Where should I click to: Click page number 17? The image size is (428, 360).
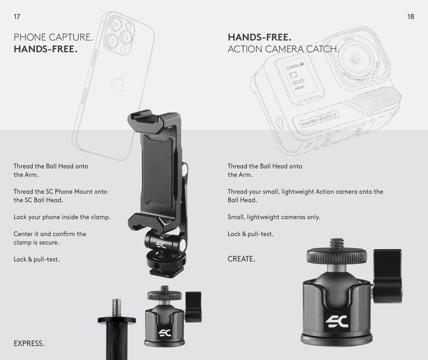(17, 17)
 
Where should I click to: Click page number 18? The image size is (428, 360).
(410, 17)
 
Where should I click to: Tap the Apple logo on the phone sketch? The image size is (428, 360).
(118, 84)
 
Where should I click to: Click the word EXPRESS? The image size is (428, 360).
(29, 343)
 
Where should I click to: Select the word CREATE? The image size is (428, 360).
(241, 259)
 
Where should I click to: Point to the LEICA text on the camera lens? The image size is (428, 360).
(349, 40)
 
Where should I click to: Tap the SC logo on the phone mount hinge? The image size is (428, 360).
(161, 245)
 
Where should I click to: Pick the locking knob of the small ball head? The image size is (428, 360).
(194, 307)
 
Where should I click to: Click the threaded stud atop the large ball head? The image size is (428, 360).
(336, 244)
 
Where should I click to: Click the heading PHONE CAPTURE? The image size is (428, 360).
(53, 37)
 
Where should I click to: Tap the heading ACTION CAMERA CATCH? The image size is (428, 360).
(283, 49)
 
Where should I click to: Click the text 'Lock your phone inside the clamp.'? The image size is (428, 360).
(62, 217)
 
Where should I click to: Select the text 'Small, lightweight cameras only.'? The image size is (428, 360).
(274, 217)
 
